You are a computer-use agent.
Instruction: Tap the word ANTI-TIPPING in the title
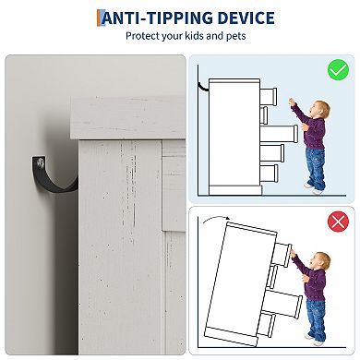(157, 18)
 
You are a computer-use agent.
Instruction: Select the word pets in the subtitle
(236, 36)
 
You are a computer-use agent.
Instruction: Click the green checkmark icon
(338, 70)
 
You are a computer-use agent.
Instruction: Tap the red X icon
(338, 222)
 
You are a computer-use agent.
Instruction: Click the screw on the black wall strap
(40, 163)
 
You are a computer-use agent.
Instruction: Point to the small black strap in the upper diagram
(203, 87)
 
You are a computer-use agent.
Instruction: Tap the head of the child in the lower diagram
(320, 261)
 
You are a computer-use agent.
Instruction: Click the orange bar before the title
(99, 18)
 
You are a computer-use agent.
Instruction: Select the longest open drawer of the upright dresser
(279, 135)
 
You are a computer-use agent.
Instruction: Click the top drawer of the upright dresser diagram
(269, 96)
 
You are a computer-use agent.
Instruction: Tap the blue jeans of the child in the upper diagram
(316, 168)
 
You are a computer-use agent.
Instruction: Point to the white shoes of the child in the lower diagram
(313, 340)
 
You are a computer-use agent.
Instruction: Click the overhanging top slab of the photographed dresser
(127, 118)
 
